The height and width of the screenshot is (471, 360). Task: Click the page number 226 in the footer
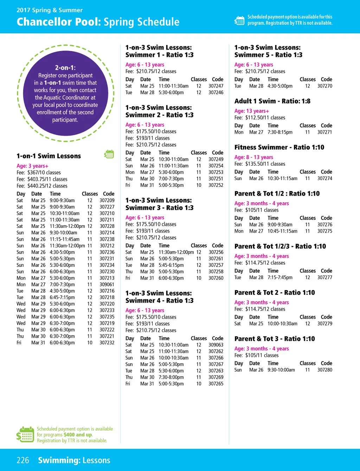(23, 460)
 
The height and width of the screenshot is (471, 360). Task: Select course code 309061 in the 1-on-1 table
(107, 285)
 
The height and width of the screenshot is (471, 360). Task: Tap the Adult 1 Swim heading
(272, 101)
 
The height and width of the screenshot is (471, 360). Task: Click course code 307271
(324, 132)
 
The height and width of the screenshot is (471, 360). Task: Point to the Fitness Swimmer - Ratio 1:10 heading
(279, 147)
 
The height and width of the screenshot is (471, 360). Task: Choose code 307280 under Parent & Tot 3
(324, 370)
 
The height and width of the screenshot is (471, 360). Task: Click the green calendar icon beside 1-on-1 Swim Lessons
(109, 154)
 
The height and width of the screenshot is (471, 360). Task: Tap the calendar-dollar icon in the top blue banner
(239, 20)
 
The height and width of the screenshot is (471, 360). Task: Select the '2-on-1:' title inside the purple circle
(65, 68)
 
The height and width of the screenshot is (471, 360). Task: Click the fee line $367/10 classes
(39, 173)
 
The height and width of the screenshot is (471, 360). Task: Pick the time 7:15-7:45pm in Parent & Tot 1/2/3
(280, 278)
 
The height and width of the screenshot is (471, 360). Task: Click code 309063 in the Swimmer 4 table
(216, 345)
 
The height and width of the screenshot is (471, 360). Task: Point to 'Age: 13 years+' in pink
(252, 111)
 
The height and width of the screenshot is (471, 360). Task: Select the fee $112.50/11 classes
(260, 118)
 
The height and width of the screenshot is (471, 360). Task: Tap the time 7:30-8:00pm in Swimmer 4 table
(171, 377)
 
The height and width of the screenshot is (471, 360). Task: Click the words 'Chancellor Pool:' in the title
(59, 22)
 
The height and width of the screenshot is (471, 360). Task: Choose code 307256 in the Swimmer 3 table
(216, 252)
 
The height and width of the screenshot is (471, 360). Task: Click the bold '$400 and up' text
(78, 435)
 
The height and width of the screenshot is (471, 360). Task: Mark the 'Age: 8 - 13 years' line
(254, 157)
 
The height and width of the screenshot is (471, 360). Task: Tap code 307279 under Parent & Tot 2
(324, 324)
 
